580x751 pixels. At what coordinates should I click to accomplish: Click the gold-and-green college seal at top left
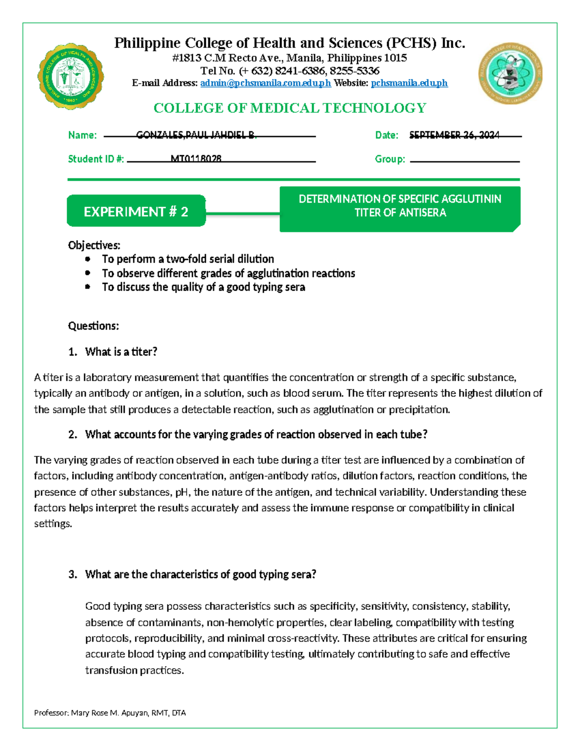coord(70,76)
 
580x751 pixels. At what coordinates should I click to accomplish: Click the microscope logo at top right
coord(510,73)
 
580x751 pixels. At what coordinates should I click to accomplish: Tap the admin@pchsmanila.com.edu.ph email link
coord(265,83)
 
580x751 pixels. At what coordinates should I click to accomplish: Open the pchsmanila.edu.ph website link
coord(409,83)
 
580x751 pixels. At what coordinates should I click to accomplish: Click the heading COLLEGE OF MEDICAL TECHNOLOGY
coord(290,108)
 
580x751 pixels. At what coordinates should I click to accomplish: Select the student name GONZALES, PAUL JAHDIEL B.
coord(196,135)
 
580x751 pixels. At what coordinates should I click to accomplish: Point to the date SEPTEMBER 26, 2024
coord(454,135)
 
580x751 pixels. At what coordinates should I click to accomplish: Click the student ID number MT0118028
coord(196,159)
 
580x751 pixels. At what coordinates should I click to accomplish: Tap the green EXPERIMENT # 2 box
coord(136,211)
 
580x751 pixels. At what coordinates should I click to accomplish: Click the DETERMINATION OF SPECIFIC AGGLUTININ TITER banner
coord(400,206)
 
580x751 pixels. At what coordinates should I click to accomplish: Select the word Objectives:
coord(94,245)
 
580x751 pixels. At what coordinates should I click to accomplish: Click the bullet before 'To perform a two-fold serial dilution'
coord(87,259)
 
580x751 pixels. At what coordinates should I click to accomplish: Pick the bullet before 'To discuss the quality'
coord(87,287)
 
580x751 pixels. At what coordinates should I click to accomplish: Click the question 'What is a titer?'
coord(121,352)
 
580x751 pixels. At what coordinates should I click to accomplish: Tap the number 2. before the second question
coord(72,435)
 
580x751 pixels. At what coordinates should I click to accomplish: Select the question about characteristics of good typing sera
coord(200,574)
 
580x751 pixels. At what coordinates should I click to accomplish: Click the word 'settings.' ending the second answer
coord(53,524)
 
